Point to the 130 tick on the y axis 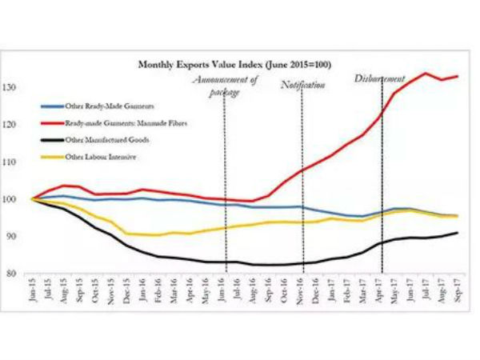[17, 87]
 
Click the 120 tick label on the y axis [17, 125]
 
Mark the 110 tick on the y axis [17, 162]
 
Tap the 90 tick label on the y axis [18, 236]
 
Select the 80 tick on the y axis [18, 273]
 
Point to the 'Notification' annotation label [303, 85]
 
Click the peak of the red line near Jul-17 [425, 74]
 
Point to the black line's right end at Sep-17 [458, 233]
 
